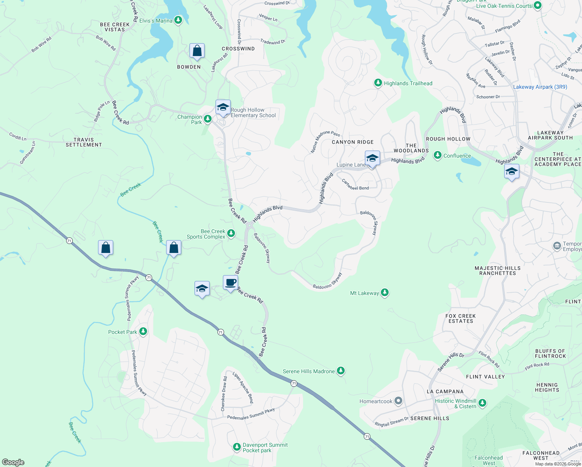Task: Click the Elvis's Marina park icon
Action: [178, 20]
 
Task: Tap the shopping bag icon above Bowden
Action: [197, 51]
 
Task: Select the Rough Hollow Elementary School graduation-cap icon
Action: [223, 108]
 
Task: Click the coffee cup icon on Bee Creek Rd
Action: [231, 283]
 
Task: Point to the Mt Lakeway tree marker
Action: [385, 292]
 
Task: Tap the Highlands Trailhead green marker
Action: [378, 83]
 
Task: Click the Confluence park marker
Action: [438, 155]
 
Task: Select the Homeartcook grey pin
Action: [398, 400]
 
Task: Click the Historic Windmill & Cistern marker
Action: [482, 403]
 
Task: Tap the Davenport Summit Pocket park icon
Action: [237, 447]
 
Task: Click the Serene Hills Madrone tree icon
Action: [341, 371]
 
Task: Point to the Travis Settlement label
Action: [84, 142]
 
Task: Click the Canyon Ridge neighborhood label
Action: [352, 142]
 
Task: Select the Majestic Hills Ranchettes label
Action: [498, 270]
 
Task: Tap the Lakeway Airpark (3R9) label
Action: [540, 87]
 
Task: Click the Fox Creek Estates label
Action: [461, 318]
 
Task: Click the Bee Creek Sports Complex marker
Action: [231, 233]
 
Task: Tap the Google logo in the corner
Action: [13, 462]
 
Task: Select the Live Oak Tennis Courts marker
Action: [538, 5]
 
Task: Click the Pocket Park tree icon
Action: [143, 332]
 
